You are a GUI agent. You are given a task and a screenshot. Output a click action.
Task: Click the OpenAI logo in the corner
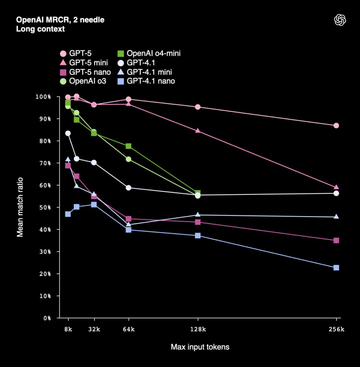pyautogui.click(x=340, y=20)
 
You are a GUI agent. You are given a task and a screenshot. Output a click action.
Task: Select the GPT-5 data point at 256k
pyautogui.click(x=336, y=126)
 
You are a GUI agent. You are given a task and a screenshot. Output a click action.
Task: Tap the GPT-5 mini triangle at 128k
pyautogui.click(x=198, y=131)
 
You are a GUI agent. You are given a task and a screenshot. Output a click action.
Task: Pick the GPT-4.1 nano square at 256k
pyautogui.click(x=336, y=268)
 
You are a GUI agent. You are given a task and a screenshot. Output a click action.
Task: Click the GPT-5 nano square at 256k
pyautogui.click(x=336, y=241)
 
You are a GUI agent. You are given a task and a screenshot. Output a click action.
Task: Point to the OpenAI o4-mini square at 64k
pyautogui.click(x=129, y=146)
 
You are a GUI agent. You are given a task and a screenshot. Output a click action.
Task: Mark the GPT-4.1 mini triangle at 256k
pyautogui.click(x=336, y=216)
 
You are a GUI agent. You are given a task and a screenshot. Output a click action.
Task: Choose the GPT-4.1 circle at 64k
pyautogui.click(x=129, y=188)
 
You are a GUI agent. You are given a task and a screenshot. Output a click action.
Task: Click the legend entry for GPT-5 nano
pyautogui.click(x=85, y=72)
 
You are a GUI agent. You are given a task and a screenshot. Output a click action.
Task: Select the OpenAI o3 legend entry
pyautogui.click(x=83, y=81)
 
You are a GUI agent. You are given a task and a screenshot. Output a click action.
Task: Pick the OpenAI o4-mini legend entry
pyautogui.click(x=149, y=53)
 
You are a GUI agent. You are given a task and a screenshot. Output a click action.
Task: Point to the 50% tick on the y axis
pyautogui.click(x=45, y=207)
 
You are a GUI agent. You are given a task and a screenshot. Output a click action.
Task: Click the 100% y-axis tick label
pyautogui.click(x=43, y=97)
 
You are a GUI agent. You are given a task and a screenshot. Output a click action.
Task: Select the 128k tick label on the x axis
pyautogui.click(x=198, y=329)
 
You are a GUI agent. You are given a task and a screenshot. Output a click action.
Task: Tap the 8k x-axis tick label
pyautogui.click(x=68, y=329)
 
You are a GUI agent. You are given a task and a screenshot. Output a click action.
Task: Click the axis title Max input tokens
pyautogui.click(x=200, y=347)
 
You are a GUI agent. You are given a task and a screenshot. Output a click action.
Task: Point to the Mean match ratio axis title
pyautogui.click(x=20, y=207)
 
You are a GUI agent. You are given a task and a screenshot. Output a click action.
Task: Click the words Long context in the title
pyautogui.click(x=40, y=29)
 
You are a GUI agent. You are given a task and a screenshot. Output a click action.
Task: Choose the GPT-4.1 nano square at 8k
pyautogui.click(x=68, y=214)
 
